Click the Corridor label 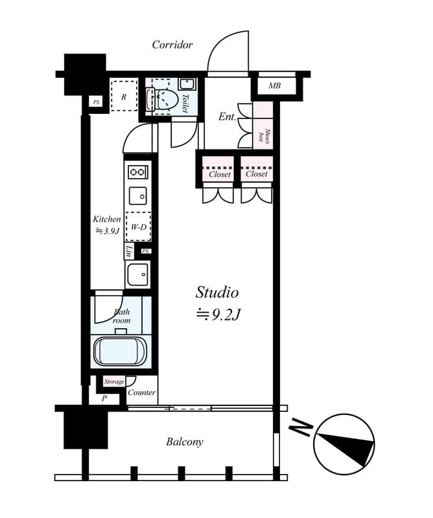[x=172, y=45]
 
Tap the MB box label [x=274, y=85]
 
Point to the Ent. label [x=227, y=117]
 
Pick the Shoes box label [x=263, y=136]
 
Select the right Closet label [x=256, y=174]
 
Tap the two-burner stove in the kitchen [x=138, y=172]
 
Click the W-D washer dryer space [x=138, y=227]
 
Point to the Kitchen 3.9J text [x=106, y=225]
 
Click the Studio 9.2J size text [x=218, y=303]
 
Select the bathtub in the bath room [x=122, y=352]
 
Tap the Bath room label [x=121, y=316]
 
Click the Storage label [x=114, y=382]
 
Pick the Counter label [x=141, y=392]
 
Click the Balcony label [x=184, y=442]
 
